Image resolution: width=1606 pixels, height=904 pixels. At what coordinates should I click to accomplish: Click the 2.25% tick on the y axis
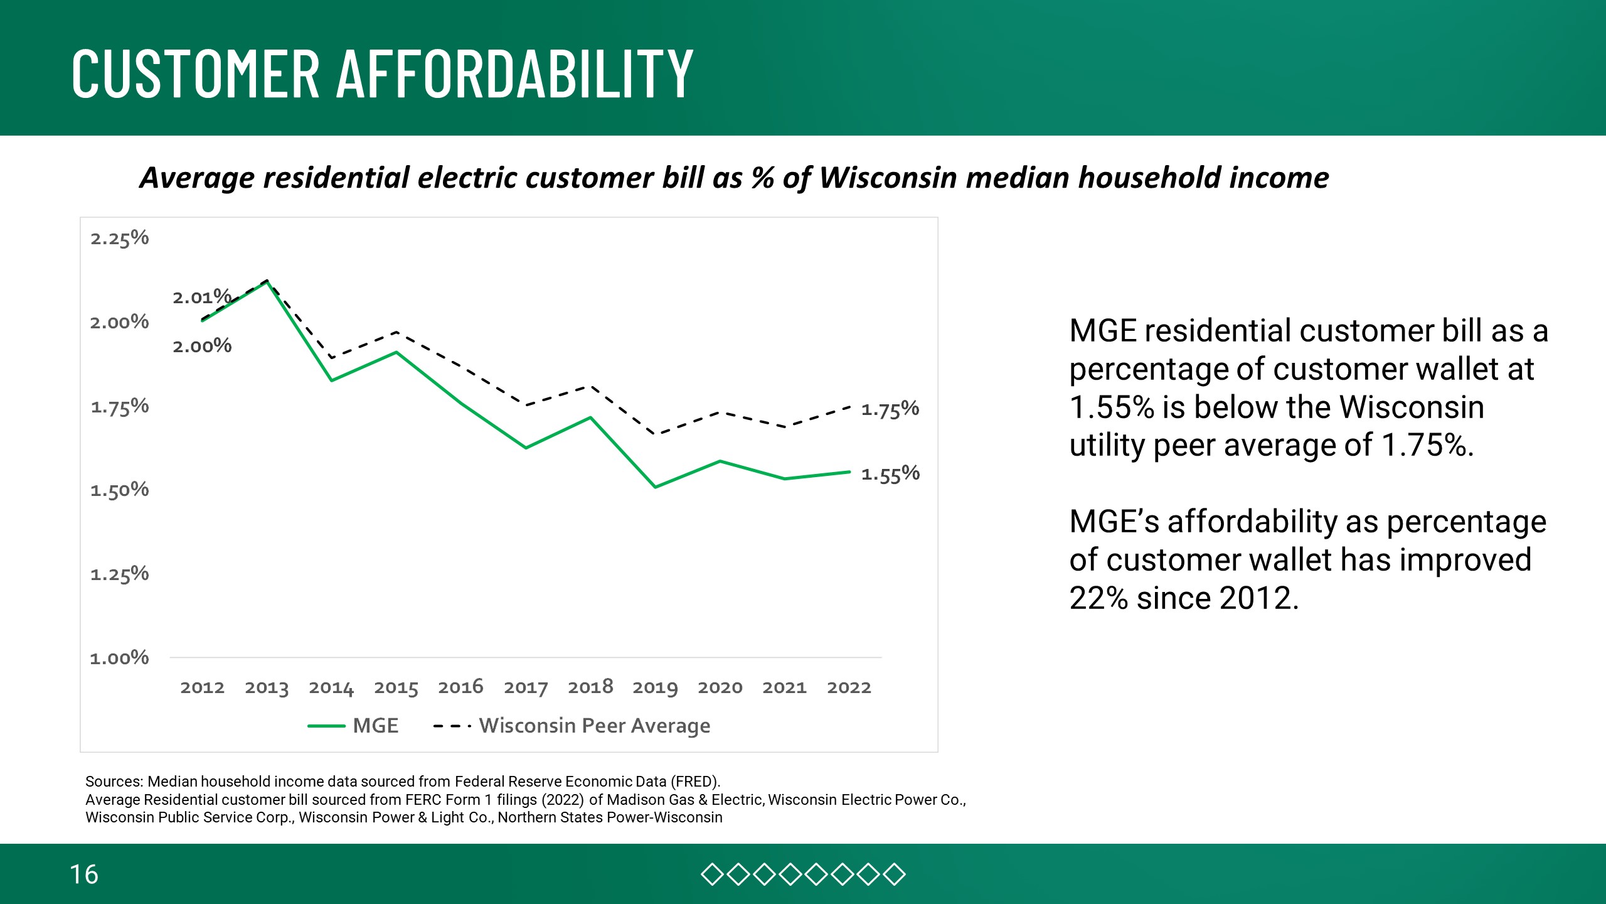click(119, 239)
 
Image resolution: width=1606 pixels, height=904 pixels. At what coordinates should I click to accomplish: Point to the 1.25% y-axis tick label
click(119, 574)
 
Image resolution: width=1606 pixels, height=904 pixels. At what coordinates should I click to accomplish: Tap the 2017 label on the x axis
click(526, 687)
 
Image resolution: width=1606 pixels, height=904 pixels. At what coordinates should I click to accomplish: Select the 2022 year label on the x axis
click(849, 687)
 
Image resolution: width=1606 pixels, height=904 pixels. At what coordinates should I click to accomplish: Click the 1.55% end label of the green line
click(890, 474)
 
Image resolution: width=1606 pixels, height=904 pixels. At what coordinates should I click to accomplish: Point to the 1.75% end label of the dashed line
click(890, 410)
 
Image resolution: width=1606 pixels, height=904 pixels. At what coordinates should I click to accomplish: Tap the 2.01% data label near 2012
click(202, 297)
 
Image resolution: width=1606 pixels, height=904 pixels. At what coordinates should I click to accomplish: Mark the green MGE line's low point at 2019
click(655, 487)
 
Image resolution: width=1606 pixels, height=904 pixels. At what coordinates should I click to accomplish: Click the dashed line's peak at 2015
click(396, 332)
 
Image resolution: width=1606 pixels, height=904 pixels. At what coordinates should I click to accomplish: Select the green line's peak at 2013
click(267, 282)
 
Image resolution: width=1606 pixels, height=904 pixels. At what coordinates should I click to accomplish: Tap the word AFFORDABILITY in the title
click(515, 73)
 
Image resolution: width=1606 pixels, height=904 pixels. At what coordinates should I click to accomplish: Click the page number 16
click(83, 874)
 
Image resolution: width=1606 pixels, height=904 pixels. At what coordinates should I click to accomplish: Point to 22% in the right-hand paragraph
click(1098, 598)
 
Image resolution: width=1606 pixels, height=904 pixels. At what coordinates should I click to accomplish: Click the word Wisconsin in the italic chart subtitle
click(888, 178)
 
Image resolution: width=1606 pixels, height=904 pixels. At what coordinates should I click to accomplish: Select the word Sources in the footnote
click(114, 782)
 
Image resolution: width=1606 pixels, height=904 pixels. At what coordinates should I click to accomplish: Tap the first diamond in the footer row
click(712, 874)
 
